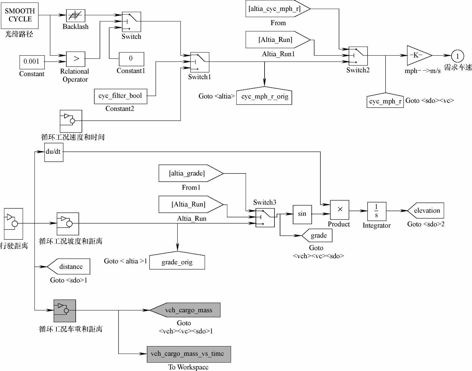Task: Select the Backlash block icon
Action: point(76,16)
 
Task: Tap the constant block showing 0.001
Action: point(32,62)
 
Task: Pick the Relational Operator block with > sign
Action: point(76,59)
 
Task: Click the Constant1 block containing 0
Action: point(131,59)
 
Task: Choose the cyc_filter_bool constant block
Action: point(120,96)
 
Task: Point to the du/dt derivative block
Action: point(54,152)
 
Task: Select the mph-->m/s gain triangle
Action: point(418,56)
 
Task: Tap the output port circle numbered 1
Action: point(457,56)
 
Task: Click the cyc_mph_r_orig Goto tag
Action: point(264,97)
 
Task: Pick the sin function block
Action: point(302,214)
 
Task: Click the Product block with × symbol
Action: point(340,210)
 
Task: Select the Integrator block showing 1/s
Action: point(376,211)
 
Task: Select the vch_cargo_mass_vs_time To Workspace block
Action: point(189,354)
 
